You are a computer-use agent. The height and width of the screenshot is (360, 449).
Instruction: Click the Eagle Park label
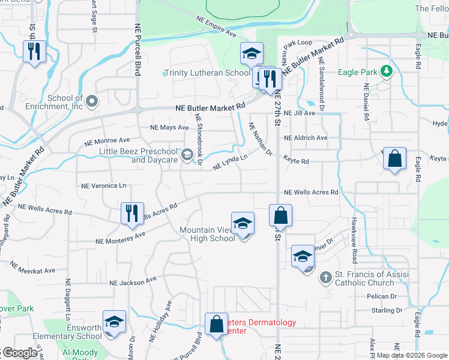click(x=358, y=73)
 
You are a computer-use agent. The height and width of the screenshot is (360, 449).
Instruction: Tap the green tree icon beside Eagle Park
click(x=387, y=72)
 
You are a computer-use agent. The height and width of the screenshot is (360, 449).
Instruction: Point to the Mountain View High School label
click(x=207, y=234)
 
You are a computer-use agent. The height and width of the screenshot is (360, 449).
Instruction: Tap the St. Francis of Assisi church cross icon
click(x=325, y=277)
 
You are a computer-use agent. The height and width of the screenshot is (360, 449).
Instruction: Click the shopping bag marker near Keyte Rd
click(x=394, y=160)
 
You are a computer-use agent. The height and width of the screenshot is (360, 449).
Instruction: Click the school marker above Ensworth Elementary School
click(x=113, y=322)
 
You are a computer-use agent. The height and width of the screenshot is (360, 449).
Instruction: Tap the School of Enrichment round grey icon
click(x=91, y=101)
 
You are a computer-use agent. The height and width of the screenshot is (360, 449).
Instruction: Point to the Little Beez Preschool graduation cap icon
click(x=187, y=155)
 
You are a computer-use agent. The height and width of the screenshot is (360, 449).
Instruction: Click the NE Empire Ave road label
click(x=217, y=28)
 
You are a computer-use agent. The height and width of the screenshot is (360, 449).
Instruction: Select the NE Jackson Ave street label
click(x=133, y=280)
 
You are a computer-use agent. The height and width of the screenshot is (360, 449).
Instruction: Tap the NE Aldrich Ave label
click(x=306, y=137)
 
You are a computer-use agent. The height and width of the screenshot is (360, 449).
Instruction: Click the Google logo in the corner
click(x=19, y=353)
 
